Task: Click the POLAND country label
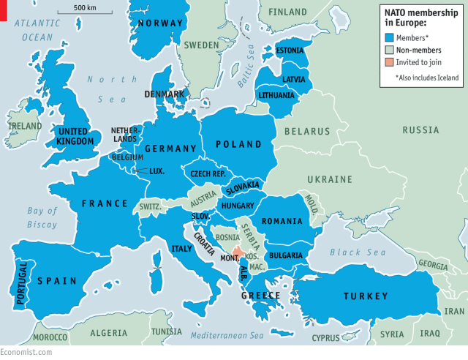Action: pos(238,144)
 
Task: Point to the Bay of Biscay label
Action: pos(42,217)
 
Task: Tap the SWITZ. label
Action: pos(150,206)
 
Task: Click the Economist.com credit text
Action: pos(26,353)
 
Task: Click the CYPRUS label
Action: pos(326,338)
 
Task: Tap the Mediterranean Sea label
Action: pos(226,335)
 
